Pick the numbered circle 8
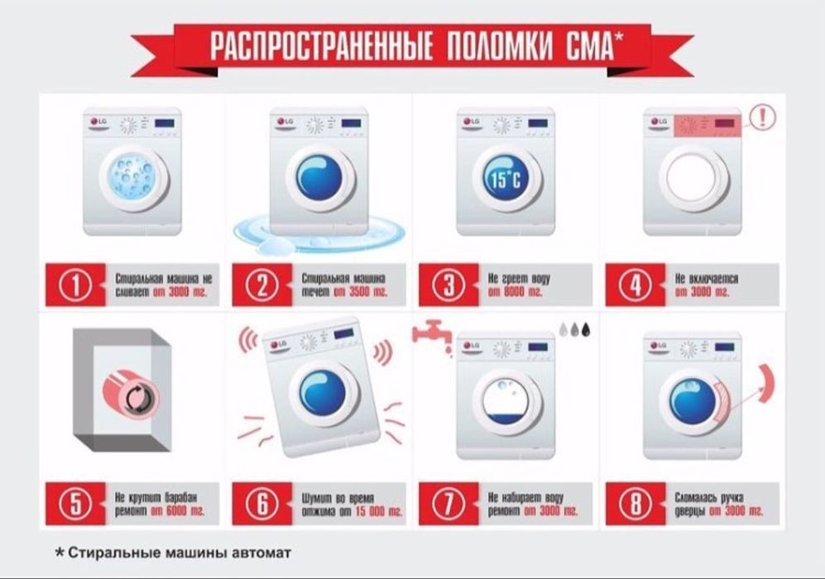click(x=635, y=504)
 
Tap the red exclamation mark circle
click(x=762, y=117)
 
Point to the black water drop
click(x=587, y=328)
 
